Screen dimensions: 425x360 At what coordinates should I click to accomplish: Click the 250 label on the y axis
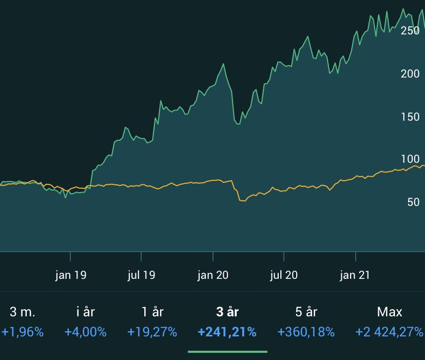pos(410,30)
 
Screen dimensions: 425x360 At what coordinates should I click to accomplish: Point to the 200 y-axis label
pos(410,73)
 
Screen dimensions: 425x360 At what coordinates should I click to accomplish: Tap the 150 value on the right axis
pos(410,117)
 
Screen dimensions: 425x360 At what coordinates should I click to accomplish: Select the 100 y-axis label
pos(410,159)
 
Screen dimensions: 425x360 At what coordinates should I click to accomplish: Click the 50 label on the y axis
pos(413,202)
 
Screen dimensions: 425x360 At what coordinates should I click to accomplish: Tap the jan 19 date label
pos(71,275)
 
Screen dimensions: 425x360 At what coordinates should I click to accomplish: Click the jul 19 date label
pos(142,275)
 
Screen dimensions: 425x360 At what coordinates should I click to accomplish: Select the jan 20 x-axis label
pos(213,275)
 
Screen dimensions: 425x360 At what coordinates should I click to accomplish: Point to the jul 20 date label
pos(284,275)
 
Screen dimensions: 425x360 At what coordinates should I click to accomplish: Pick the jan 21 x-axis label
pos(355,275)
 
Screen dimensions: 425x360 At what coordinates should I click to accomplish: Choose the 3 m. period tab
pos(23,312)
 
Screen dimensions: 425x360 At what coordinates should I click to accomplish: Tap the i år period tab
pos(85,312)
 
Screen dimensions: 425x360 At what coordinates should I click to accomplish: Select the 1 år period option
pos(152,312)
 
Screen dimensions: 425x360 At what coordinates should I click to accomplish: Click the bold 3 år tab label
pos(227,312)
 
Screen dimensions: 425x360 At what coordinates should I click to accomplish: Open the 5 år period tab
pos(306,312)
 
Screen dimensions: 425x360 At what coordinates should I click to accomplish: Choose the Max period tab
pos(390,312)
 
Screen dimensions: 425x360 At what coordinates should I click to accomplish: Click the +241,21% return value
pos(227,332)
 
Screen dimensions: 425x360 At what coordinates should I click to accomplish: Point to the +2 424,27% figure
pos(389,332)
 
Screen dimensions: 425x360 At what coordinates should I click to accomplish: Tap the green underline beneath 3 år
pos(227,352)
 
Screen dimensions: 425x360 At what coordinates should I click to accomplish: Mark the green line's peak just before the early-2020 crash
pos(223,64)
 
